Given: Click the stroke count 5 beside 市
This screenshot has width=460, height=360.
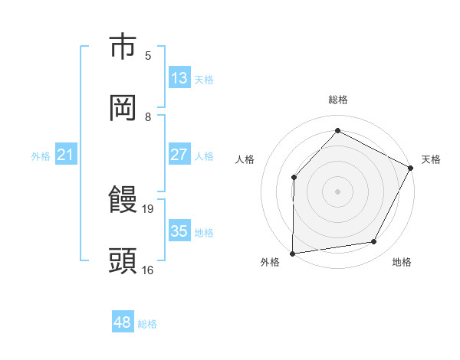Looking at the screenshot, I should pyautogui.click(x=148, y=55).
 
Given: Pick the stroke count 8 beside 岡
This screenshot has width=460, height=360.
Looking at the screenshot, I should pyautogui.click(x=148, y=116).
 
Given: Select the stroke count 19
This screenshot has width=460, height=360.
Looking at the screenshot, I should pyautogui.click(x=149, y=208).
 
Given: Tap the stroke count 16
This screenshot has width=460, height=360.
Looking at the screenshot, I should pyautogui.click(x=149, y=270).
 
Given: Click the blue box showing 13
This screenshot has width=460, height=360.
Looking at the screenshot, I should pyautogui.click(x=179, y=78).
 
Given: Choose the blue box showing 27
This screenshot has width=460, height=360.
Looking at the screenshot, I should pyautogui.click(x=179, y=155).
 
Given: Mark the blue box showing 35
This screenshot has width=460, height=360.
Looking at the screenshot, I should pyautogui.click(x=179, y=231).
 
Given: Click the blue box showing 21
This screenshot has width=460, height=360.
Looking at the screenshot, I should pyautogui.click(x=66, y=155).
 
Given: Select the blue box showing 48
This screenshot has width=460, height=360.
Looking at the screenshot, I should pyautogui.click(x=123, y=323).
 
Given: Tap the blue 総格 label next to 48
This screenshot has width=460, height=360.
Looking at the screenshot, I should pyautogui.click(x=147, y=324).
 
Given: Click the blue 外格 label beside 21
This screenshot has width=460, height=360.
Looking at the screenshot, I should pyautogui.click(x=41, y=156).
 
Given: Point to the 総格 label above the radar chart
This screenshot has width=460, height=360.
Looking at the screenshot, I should pyautogui.click(x=337, y=100).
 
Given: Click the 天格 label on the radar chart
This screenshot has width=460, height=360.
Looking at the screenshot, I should pyautogui.click(x=431, y=159).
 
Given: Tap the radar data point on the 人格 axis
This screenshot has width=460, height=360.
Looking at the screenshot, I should pyautogui.click(x=294, y=177).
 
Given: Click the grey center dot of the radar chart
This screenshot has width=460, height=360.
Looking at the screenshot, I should pyautogui.click(x=337, y=191).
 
